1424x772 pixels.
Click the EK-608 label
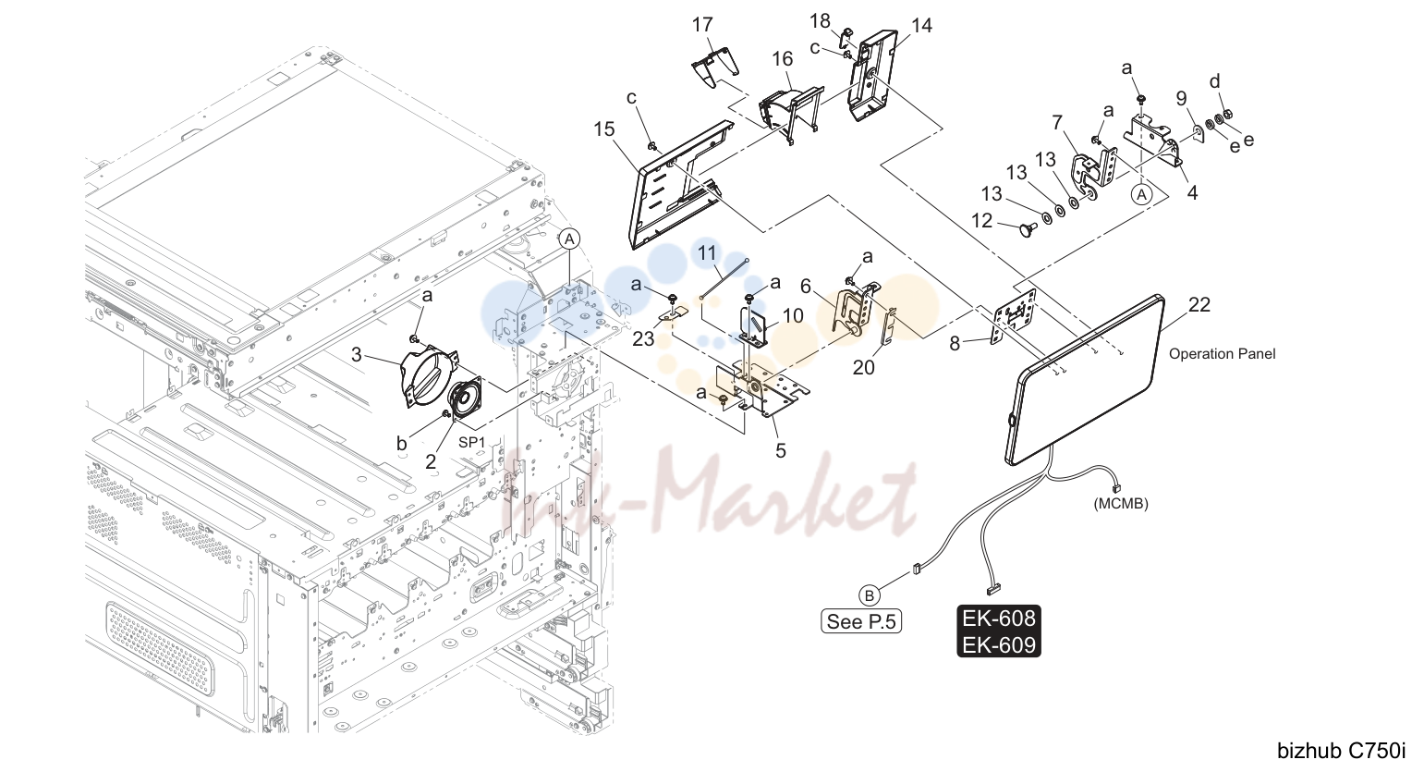pyautogui.click(x=999, y=619)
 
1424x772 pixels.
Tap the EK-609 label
pyautogui.click(x=999, y=644)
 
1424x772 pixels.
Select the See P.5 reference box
pyautogui.click(x=861, y=621)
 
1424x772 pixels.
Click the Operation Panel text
pyautogui.click(x=1222, y=354)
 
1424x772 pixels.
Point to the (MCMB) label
pyautogui.click(x=1121, y=504)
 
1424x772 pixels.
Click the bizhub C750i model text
pyautogui.click(x=1342, y=751)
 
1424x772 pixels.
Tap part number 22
pyautogui.click(x=1199, y=305)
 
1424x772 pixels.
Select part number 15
pyautogui.click(x=604, y=129)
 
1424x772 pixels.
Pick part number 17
pyautogui.click(x=702, y=25)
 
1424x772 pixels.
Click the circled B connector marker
pyautogui.click(x=869, y=595)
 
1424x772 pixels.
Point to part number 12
pyautogui.click(x=982, y=221)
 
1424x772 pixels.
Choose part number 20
pyautogui.click(x=863, y=368)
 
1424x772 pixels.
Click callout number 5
pyautogui.click(x=781, y=451)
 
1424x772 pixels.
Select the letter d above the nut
pyautogui.click(x=1215, y=81)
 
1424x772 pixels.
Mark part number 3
pyautogui.click(x=356, y=355)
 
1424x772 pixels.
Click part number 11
pyautogui.click(x=707, y=253)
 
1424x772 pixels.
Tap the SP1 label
pyautogui.click(x=471, y=443)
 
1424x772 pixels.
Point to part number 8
pyautogui.click(x=955, y=343)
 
